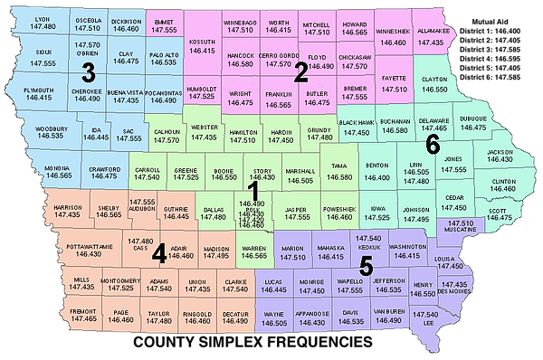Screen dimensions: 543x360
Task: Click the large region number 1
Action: point(254,191)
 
